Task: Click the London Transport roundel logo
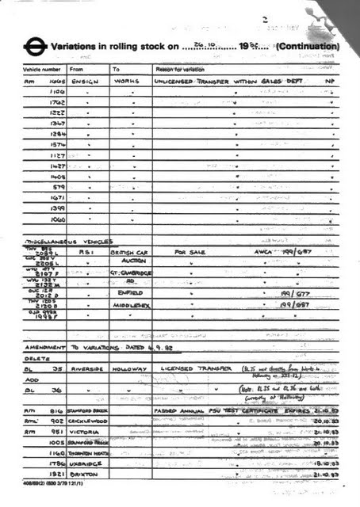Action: click(34, 47)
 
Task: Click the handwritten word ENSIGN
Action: click(85, 82)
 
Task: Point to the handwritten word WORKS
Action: click(127, 82)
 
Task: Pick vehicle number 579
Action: click(58, 188)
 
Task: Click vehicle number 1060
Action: click(55, 219)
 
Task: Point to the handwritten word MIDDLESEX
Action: click(130, 303)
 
